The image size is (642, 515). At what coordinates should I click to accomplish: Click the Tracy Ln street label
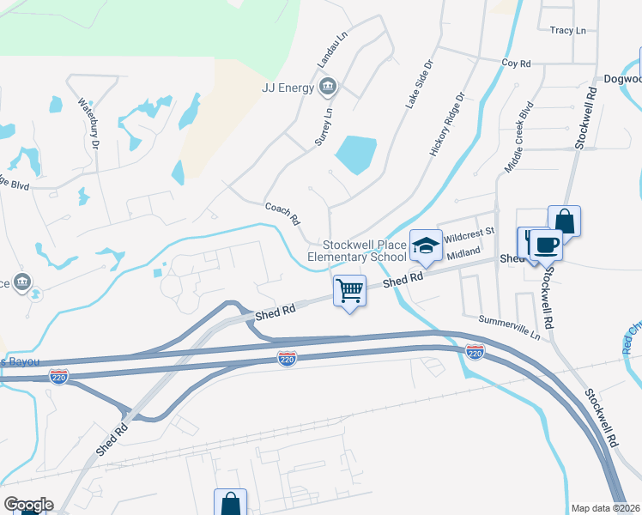click(567, 31)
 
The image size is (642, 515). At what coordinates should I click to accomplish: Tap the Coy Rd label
click(517, 64)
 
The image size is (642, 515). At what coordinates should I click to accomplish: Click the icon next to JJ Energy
click(327, 86)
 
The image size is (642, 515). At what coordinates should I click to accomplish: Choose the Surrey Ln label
click(323, 126)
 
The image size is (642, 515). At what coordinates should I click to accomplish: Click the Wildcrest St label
click(469, 232)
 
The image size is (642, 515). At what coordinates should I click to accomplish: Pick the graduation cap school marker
click(425, 245)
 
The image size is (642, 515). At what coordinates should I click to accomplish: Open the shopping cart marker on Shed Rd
click(349, 290)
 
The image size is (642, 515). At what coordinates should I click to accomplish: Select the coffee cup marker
click(546, 245)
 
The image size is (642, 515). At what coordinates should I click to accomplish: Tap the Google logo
click(28, 505)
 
